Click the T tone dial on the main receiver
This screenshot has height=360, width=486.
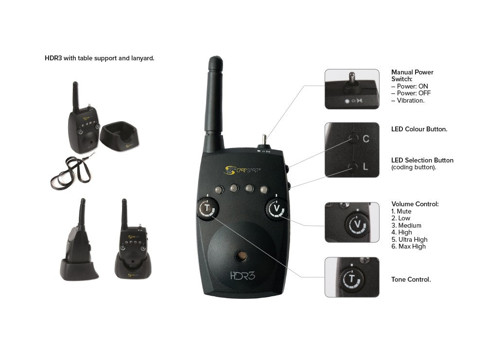pos(208,209)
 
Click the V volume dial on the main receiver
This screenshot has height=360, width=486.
pos(276,209)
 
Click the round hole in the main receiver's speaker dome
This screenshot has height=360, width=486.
pos(241,256)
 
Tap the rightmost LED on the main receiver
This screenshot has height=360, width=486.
pos(264,188)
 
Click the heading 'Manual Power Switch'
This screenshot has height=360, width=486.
pos(412,75)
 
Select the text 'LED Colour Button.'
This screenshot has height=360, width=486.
pos(419,129)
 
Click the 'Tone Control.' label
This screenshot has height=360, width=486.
pos(411,280)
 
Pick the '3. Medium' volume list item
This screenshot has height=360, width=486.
pos(406,226)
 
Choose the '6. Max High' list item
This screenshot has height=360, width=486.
pos(408,247)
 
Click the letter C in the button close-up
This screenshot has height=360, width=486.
pos(366,139)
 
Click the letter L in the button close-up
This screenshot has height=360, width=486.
pos(365,167)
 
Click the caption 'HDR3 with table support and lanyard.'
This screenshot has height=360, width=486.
pos(99,58)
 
